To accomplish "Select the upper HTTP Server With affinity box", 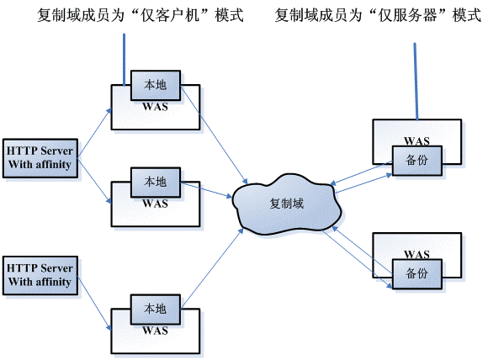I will pos(40,158).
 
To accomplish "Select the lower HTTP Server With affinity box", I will pos(40,274).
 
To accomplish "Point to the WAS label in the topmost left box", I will pos(155,106).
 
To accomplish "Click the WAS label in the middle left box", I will pos(155,203).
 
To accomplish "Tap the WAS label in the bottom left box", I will pos(155,330).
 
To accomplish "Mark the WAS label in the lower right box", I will pos(416,253).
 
